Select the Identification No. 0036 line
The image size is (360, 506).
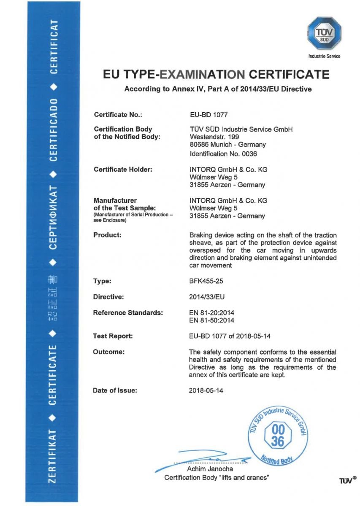click(x=224, y=154)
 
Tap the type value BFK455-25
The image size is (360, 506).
click(x=206, y=281)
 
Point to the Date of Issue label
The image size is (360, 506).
click(x=115, y=390)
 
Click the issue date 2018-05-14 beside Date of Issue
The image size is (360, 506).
click(x=206, y=390)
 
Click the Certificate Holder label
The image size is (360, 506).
click(x=123, y=169)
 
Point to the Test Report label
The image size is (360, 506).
click(x=113, y=336)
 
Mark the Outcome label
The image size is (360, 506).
click(x=109, y=352)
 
